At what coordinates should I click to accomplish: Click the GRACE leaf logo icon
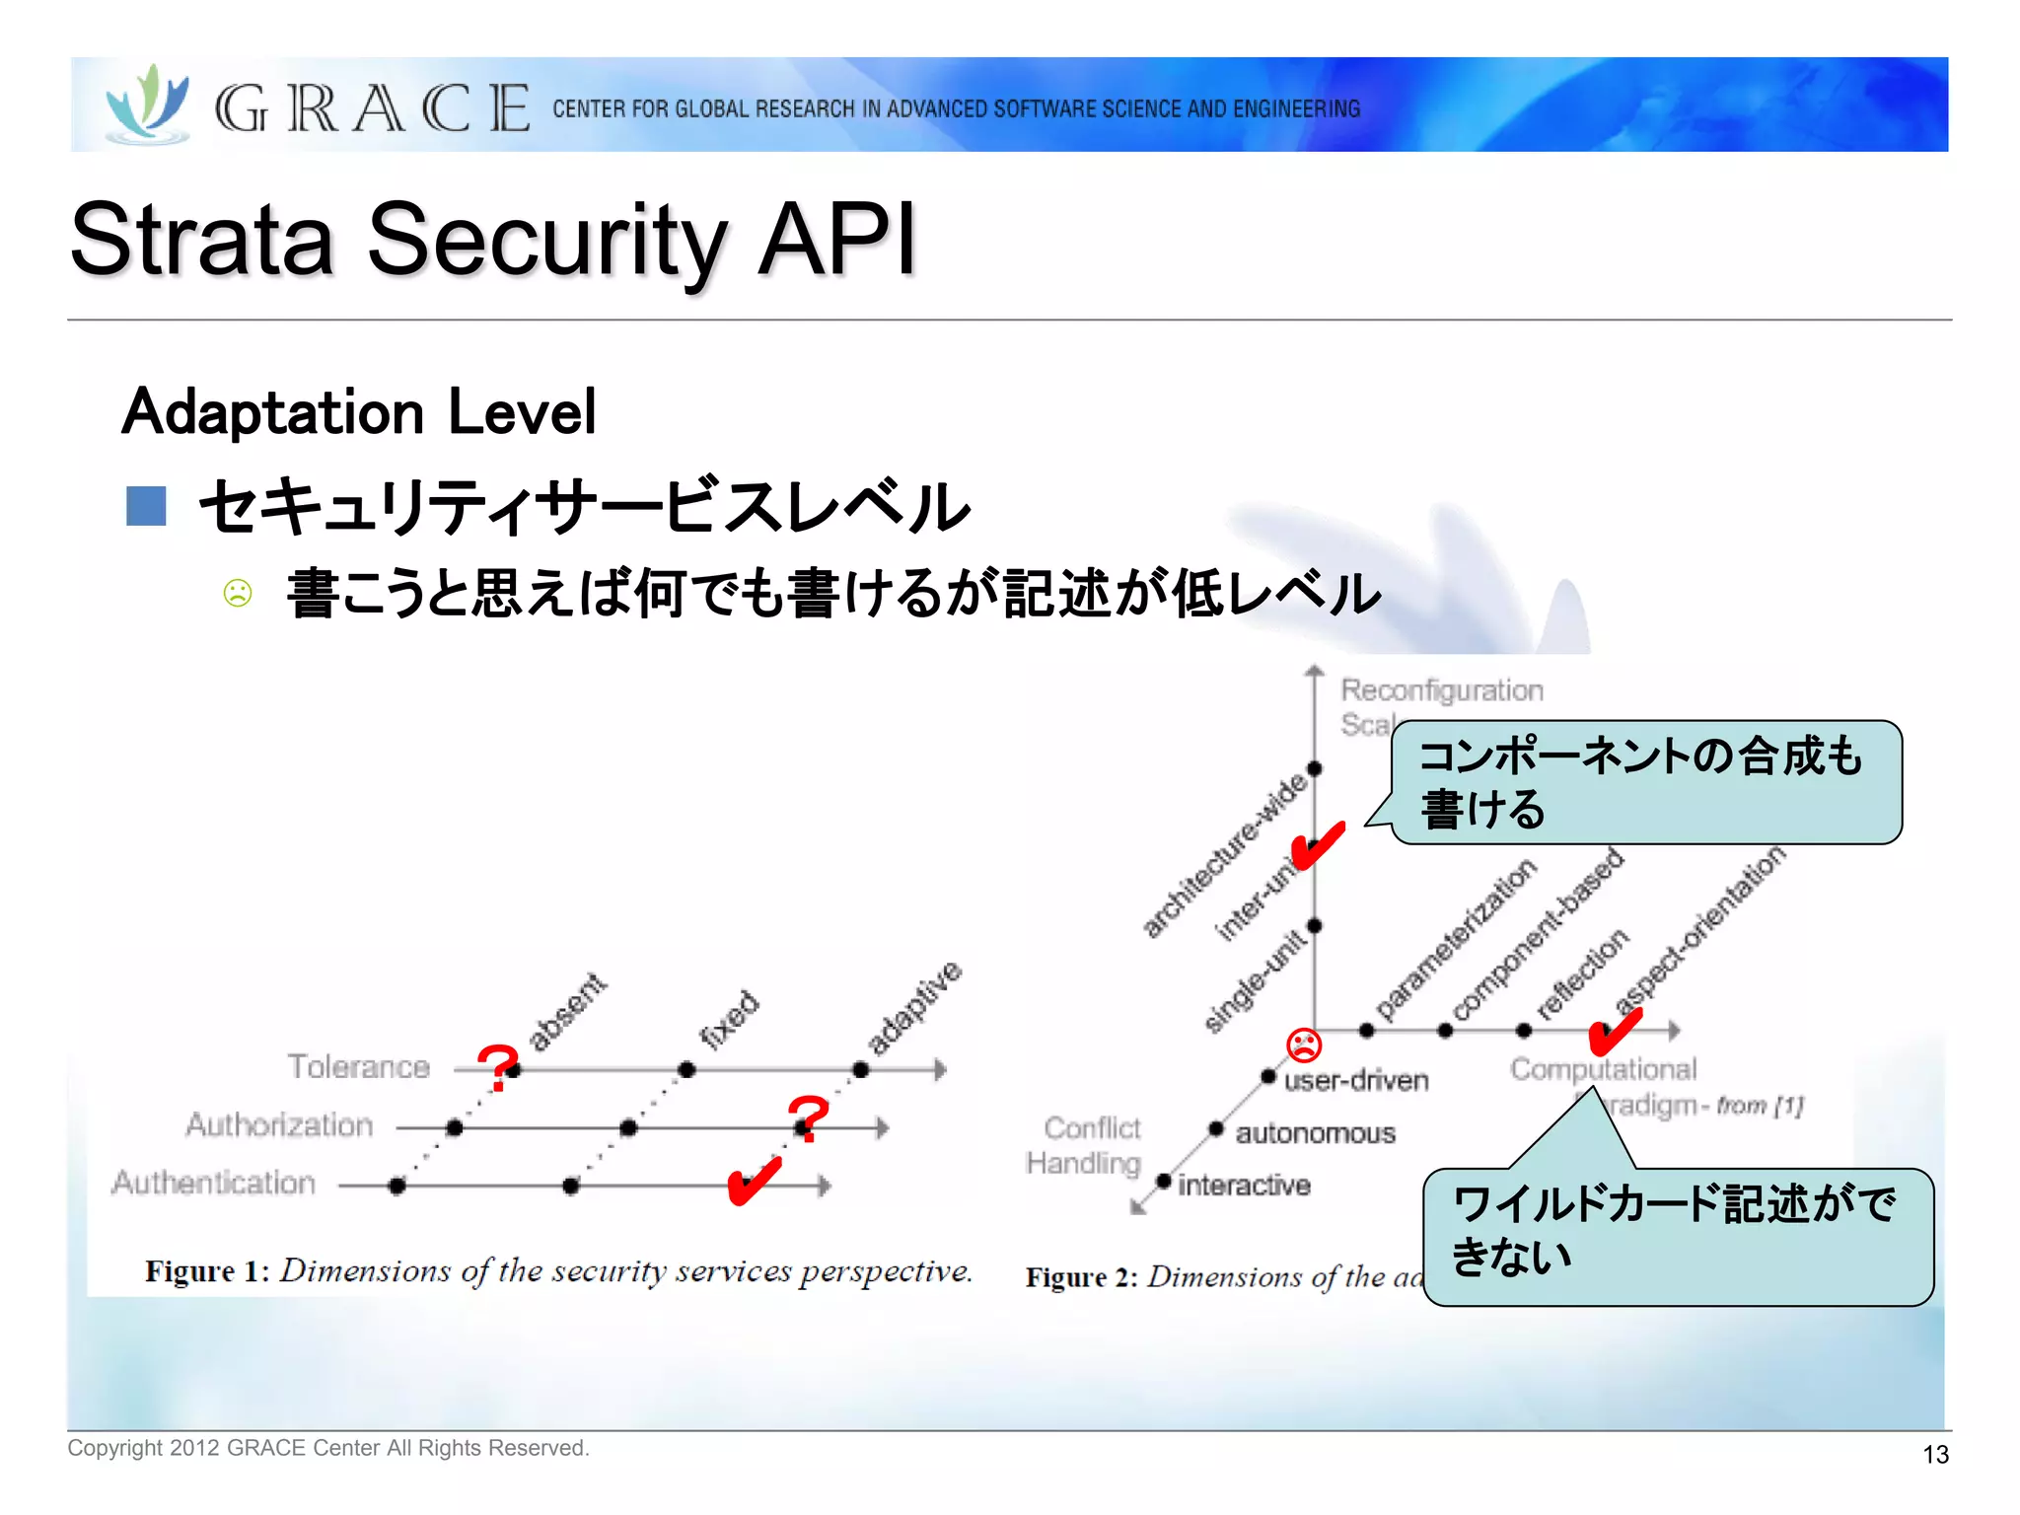tap(148, 104)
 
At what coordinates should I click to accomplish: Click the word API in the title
tap(837, 240)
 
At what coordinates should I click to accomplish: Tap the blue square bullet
tap(146, 506)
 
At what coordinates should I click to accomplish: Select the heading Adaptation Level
tap(359, 411)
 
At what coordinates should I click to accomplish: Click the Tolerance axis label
tap(359, 1066)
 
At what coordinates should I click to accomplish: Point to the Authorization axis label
tap(280, 1124)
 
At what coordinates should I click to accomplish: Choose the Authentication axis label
tap(213, 1183)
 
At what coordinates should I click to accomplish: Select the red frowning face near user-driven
tap(1304, 1044)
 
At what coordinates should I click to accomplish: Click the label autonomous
tap(1316, 1133)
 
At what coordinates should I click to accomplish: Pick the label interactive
tap(1245, 1185)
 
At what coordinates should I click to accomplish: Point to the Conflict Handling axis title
tap(1085, 1145)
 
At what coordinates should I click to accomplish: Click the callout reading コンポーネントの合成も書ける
tap(1645, 782)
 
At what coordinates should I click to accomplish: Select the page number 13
tap(1935, 1454)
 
